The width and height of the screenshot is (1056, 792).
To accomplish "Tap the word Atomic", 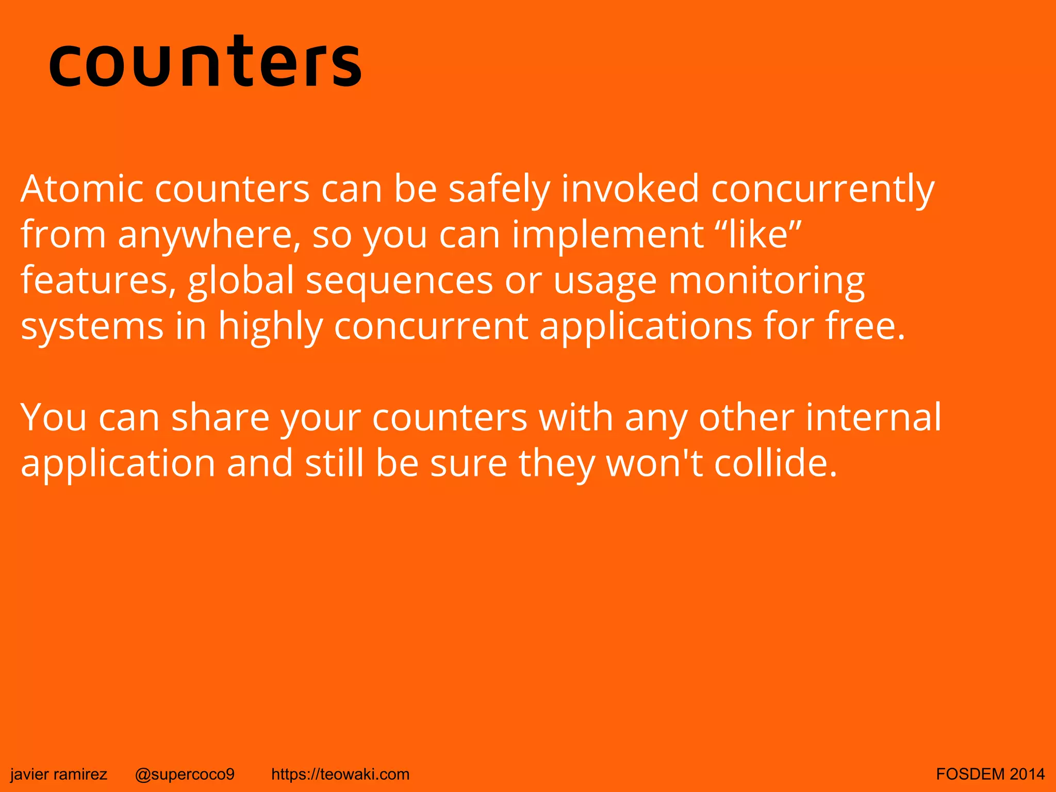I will click(82, 189).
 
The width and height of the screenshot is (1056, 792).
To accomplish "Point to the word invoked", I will click(630, 189).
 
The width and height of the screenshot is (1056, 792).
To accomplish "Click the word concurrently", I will click(822, 190).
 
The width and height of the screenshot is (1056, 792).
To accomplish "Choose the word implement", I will click(608, 235).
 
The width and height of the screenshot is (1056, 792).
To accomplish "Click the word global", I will click(241, 281).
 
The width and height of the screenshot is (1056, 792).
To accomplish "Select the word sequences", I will click(400, 282).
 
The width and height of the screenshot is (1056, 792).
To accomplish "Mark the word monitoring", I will click(766, 281).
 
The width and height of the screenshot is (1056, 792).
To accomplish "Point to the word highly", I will click(270, 327).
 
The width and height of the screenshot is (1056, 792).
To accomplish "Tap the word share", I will click(220, 418).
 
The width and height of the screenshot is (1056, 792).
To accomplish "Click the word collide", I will click(775, 463).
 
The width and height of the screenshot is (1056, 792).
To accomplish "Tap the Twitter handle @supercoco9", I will click(185, 774).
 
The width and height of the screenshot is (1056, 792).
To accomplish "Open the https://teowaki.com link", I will click(340, 774).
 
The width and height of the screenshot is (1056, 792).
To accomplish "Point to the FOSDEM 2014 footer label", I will click(991, 774).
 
